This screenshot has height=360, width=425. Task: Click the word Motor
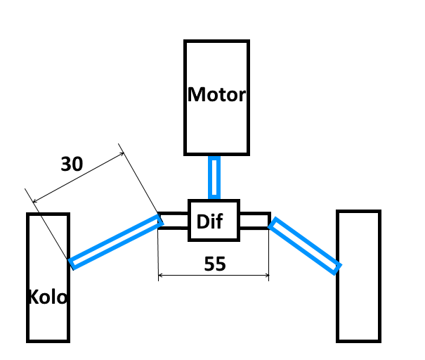pyautogui.click(x=216, y=95)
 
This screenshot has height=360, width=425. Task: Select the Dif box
pyautogui.click(x=214, y=221)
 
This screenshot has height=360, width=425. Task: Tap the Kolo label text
pyautogui.click(x=48, y=297)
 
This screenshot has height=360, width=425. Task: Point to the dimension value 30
pyautogui.click(x=72, y=165)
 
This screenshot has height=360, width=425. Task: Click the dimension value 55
pyautogui.click(x=214, y=264)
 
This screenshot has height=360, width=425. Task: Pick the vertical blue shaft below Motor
pyautogui.click(x=214, y=178)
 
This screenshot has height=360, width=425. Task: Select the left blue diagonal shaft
pyautogui.click(x=116, y=242)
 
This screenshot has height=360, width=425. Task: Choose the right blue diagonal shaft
pyautogui.click(x=306, y=245)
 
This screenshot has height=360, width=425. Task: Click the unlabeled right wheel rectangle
pyautogui.click(x=358, y=276)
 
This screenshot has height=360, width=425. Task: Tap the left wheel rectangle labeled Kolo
pyautogui.click(x=48, y=253)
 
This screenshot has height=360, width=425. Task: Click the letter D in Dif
pyautogui.click(x=202, y=222)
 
